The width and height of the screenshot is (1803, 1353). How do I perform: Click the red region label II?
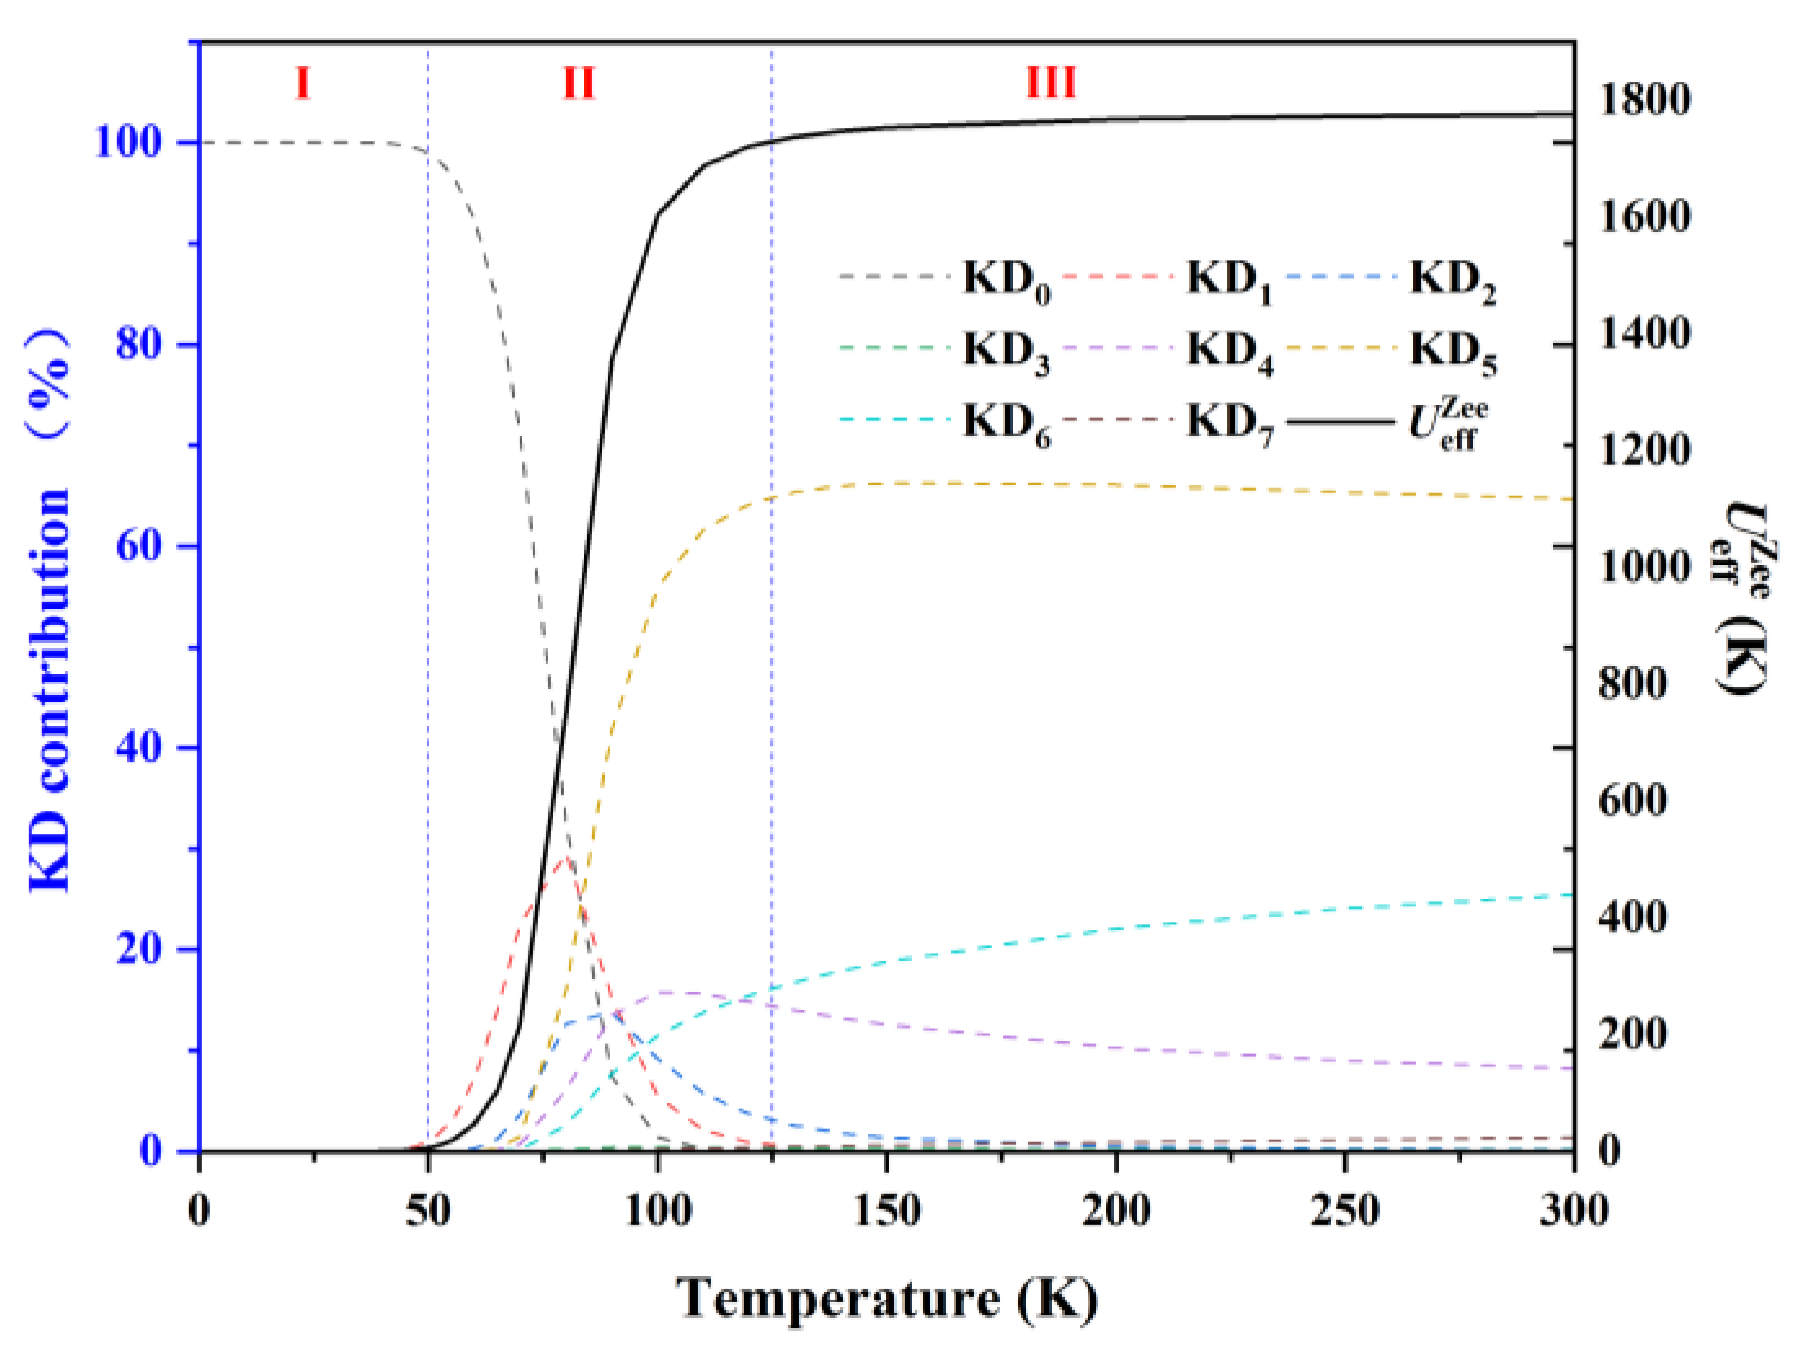click(578, 83)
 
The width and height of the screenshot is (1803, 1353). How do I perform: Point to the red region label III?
click(1052, 83)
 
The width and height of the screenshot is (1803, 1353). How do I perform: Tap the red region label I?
click(302, 83)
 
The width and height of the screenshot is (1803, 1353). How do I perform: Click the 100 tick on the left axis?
click(129, 142)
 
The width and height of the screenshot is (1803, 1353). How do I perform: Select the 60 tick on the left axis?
click(140, 546)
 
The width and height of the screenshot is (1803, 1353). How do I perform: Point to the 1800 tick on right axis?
click(1645, 100)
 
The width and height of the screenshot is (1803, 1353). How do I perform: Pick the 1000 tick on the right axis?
click(1645, 567)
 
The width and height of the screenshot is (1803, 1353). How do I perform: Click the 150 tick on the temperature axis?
click(886, 1211)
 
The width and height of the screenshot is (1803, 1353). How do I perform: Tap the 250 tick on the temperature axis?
click(1344, 1211)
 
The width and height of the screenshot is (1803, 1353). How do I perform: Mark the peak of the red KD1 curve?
click(564, 858)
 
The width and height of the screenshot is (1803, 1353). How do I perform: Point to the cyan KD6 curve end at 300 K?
click(1571, 895)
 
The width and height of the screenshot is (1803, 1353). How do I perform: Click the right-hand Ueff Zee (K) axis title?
click(1740, 598)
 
